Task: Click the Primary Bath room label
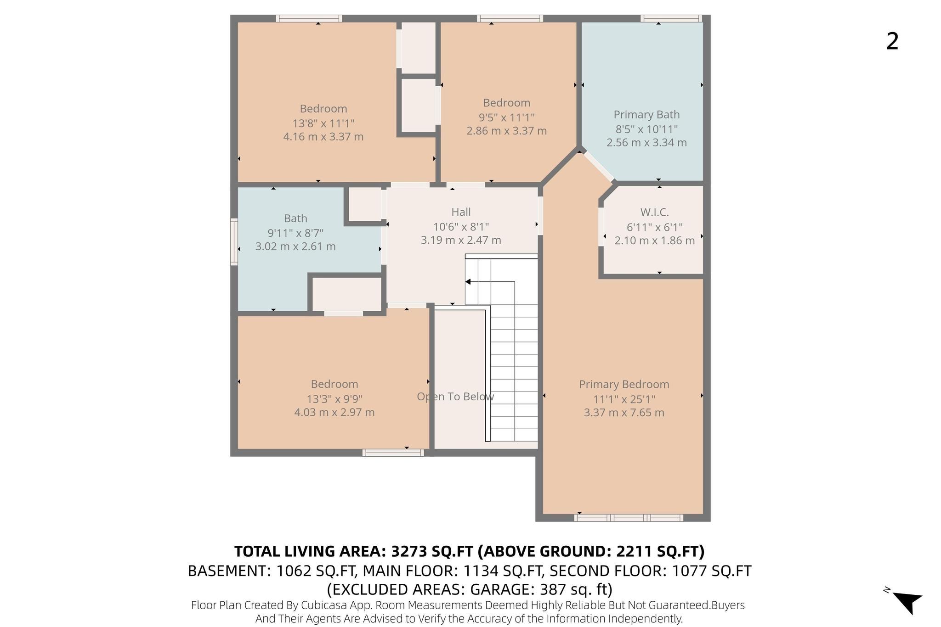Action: tap(646, 115)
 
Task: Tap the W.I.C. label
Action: tap(654, 213)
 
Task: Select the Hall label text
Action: tap(461, 212)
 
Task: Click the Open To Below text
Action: tap(455, 397)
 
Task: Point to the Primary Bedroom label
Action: tap(624, 385)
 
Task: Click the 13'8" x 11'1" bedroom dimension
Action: tap(323, 123)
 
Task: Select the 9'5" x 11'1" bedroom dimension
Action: tap(507, 118)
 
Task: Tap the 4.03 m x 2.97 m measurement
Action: tap(334, 413)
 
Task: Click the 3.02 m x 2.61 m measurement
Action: tap(295, 246)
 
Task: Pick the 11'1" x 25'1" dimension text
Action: tap(624, 399)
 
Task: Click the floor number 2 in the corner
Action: tap(892, 42)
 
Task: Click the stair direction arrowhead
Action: tap(468, 282)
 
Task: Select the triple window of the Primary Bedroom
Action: tap(629, 518)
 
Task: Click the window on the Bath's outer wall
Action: tap(234, 242)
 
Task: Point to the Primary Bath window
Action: tap(671, 18)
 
